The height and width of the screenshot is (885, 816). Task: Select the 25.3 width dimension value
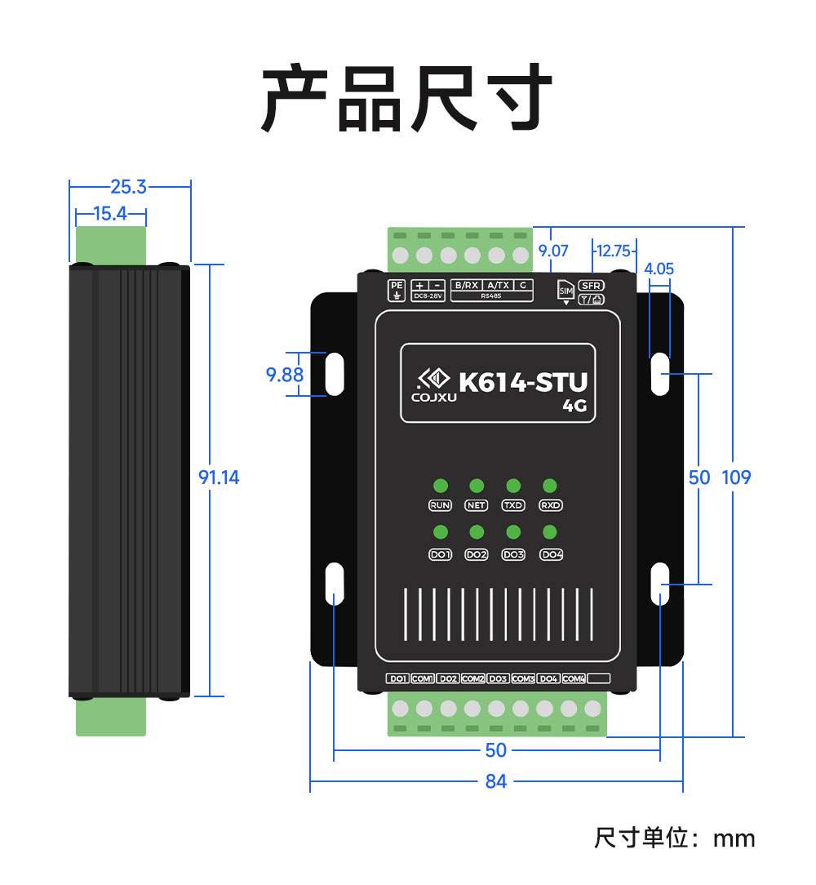click(128, 187)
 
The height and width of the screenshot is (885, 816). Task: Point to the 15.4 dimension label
click(110, 214)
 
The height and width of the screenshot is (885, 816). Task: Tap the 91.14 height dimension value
click(220, 478)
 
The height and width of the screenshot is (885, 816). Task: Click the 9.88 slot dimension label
click(285, 375)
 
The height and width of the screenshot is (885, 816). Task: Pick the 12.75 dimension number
click(613, 251)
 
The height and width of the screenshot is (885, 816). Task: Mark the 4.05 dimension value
click(659, 269)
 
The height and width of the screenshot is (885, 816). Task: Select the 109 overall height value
click(736, 478)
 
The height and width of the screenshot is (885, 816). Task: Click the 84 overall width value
click(496, 781)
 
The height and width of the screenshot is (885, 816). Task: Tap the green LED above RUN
click(440, 487)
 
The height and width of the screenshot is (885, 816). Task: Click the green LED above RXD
click(551, 487)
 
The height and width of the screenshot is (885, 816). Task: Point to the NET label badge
click(476, 505)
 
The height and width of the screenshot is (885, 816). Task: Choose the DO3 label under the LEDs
click(513, 554)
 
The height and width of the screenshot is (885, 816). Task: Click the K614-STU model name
click(523, 382)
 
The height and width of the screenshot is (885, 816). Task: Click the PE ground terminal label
click(396, 289)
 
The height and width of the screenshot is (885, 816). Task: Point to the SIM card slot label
click(565, 290)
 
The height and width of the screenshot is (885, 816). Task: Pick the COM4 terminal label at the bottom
click(574, 678)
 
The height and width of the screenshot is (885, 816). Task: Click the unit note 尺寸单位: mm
click(674, 838)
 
